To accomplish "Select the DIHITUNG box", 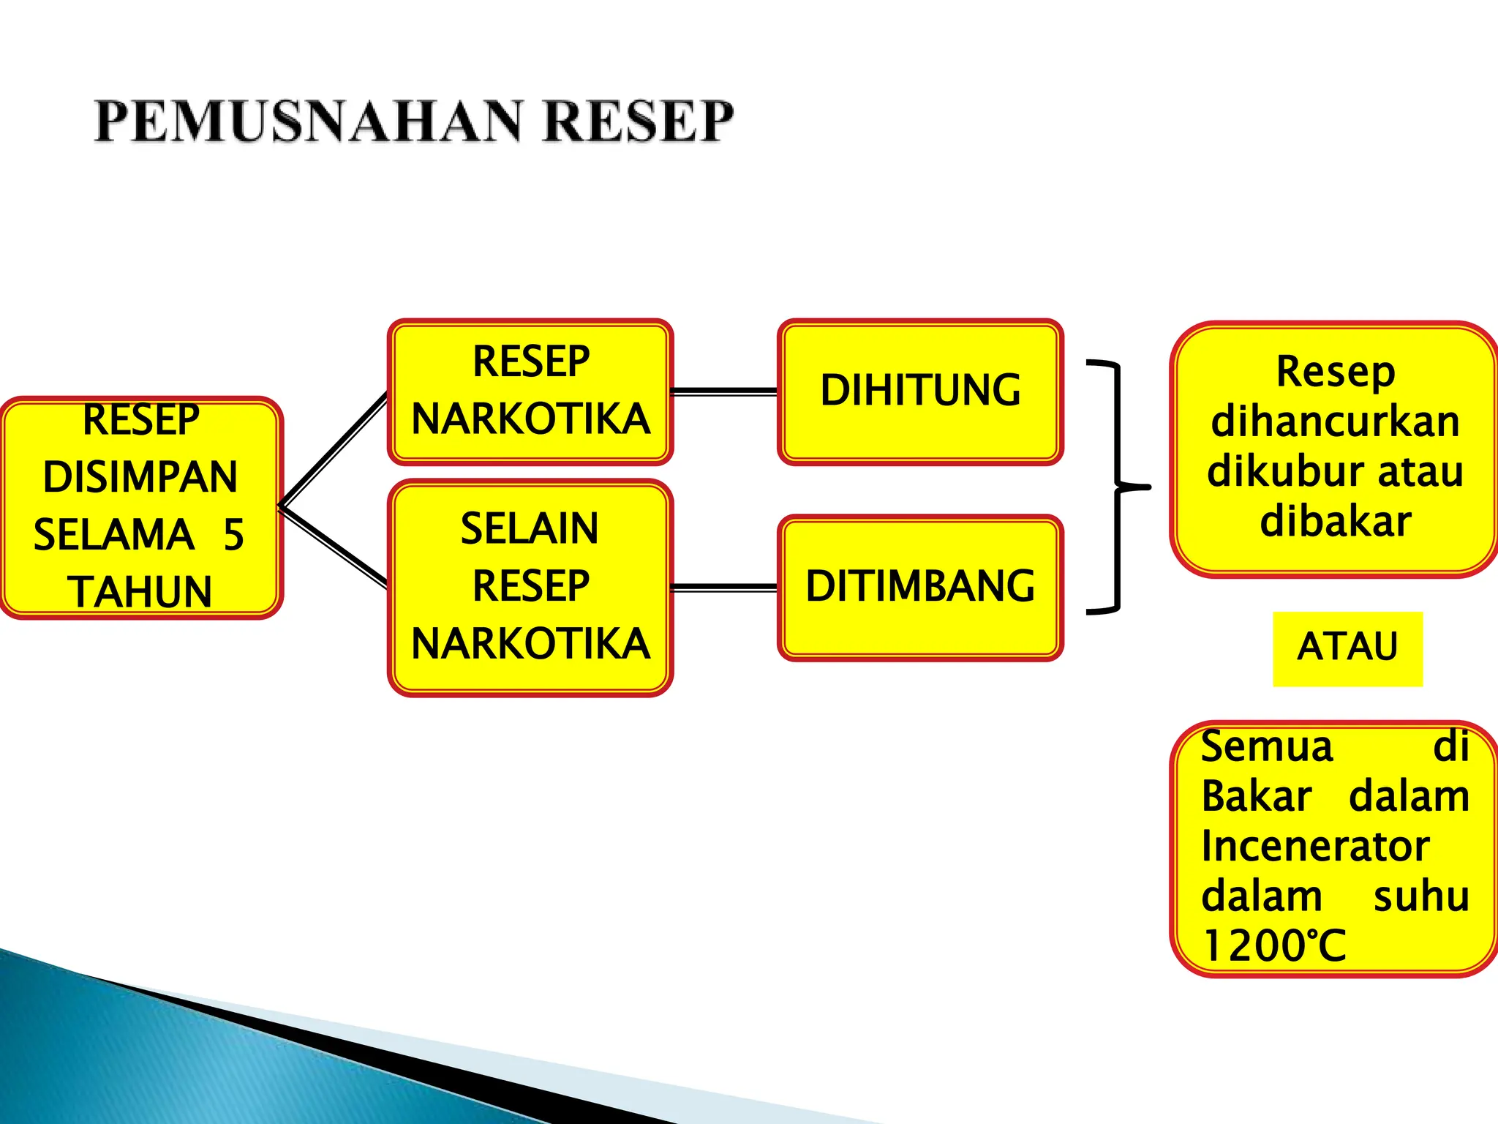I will (x=920, y=391).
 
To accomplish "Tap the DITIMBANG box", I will (x=920, y=587).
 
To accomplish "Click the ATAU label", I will (x=1347, y=648).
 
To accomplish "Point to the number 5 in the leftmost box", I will (x=233, y=535).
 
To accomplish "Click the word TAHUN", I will (x=140, y=592).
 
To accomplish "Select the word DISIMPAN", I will (x=140, y=477).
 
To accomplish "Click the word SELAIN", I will (x=530, y=528).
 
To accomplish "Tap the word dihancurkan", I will (x=1335, y=421).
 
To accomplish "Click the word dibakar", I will (x=1335, y=521).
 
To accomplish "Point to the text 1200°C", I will (x=1273, y=945).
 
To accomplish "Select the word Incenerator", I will (x=1314, y=846).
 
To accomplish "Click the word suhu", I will (x=1421, y=896).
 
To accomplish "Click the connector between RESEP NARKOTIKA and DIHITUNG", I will (x=724, y=392).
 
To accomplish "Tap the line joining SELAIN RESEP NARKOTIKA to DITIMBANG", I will (x=724, y=587).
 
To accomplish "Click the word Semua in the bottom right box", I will (x=1267, y=747).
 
